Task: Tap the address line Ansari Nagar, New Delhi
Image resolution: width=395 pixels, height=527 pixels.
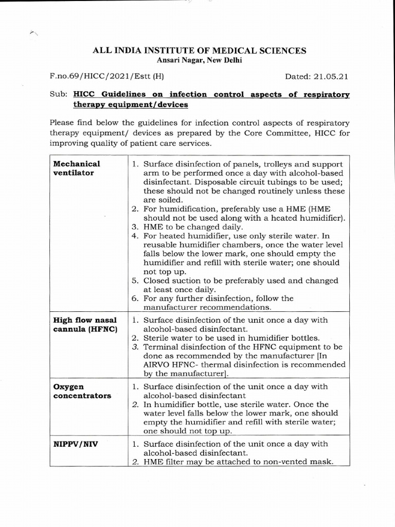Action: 199,60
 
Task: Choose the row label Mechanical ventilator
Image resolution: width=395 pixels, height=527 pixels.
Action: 77,168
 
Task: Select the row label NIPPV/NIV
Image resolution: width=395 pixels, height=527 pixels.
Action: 76,444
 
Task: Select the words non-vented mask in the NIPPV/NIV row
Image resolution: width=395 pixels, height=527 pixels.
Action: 295,462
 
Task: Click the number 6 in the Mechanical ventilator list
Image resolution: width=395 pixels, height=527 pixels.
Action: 134,298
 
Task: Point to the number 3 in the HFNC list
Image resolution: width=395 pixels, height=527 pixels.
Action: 134,347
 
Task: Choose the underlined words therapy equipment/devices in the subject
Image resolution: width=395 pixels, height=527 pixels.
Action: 131,104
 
